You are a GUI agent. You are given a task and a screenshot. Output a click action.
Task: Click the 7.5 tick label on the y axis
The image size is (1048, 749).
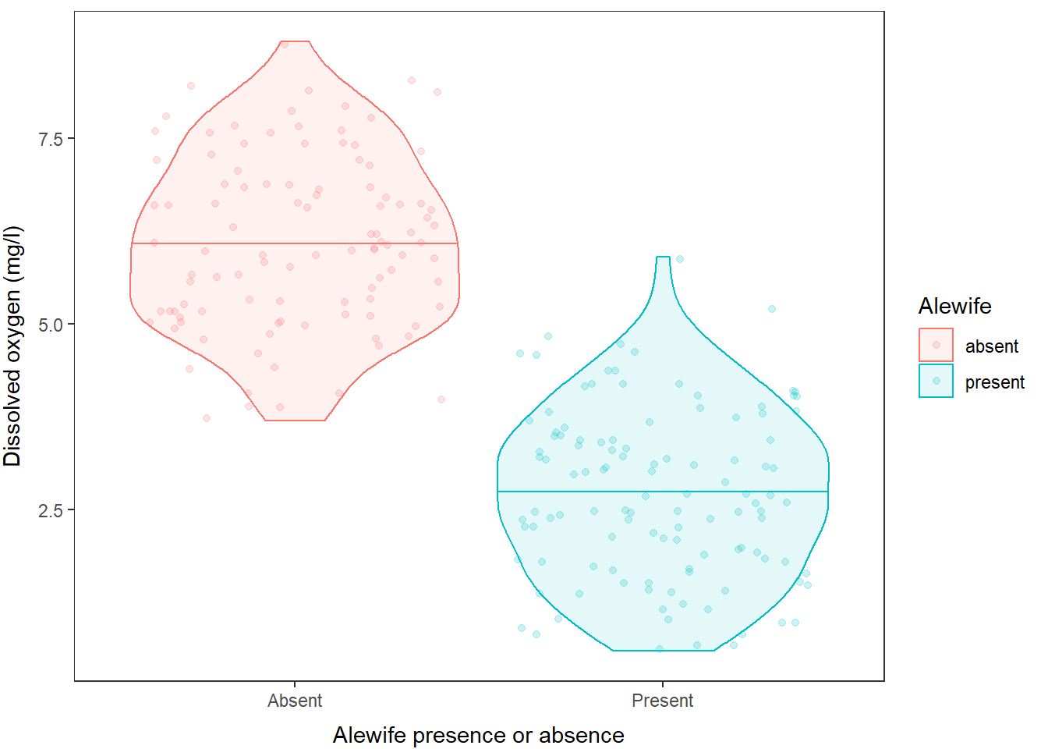pos(50,139)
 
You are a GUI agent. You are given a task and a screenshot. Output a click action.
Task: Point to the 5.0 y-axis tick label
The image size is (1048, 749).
pos(50,325)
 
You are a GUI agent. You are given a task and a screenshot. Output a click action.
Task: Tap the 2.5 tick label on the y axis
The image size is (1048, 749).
pos(50,510)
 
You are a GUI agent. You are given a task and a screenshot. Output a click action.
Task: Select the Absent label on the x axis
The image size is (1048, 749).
pos(295,701)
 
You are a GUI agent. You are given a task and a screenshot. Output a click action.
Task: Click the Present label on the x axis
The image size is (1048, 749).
pos(662,701)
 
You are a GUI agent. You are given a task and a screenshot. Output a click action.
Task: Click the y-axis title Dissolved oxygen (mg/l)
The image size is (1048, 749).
pos(13,346)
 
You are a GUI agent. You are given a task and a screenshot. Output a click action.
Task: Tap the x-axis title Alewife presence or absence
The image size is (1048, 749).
pos(478,735)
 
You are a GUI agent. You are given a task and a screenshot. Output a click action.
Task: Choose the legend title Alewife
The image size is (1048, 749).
pos(954,306)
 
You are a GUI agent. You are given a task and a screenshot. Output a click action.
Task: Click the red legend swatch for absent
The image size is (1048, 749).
pos(936,345)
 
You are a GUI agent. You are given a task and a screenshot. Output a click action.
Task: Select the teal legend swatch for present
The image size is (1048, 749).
pos(936,381)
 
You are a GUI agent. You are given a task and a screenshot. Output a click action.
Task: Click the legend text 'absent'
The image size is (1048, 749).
pos(991,346)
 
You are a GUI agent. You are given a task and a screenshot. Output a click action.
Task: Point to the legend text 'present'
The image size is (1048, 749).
pos(994,382)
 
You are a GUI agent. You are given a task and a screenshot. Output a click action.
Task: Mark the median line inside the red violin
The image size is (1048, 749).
pos(295,243)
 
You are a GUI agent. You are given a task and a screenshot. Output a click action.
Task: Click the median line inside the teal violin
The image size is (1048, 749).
pos(663,492)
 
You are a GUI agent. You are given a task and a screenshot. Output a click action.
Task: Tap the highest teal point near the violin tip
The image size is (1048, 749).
pos(680,259)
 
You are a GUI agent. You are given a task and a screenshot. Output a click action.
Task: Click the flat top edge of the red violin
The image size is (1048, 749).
pos(295,41)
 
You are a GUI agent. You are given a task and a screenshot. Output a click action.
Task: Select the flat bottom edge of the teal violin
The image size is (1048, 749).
pos(663,650)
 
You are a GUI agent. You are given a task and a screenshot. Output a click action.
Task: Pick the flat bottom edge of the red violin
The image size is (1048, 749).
pos(295,421)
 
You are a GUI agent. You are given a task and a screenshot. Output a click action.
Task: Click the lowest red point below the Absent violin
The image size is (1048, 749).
pos(207,418)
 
